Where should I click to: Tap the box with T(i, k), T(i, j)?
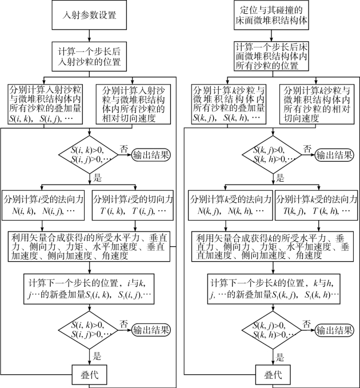132,206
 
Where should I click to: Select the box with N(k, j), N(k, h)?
231,206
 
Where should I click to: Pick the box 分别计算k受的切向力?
316,206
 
